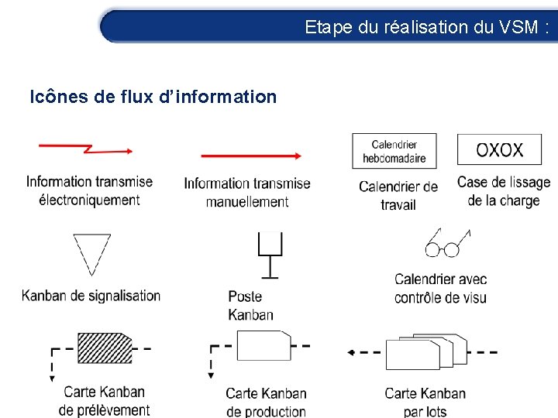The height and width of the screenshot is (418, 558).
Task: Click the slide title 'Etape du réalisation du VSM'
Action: click(427, 27)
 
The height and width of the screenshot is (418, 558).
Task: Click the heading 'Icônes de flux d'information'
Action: click(153, 97)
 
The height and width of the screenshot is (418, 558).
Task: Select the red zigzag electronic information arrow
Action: click(86, 147)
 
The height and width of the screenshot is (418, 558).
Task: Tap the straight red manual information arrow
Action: click(250, 156)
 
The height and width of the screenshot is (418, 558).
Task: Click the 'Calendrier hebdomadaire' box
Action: click(394, 152)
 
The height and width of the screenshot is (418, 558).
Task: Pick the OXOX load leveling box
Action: click(499, 150)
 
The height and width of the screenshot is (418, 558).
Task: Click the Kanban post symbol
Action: click(270, 255)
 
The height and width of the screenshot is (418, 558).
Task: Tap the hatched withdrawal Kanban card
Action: click(105, 348)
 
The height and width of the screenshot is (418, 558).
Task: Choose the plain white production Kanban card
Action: click(263, 345)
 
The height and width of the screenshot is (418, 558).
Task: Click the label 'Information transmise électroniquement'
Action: click(89, 191)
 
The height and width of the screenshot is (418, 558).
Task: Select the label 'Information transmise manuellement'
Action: click(247, 193)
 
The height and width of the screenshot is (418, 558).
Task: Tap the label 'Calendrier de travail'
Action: click(398, 196)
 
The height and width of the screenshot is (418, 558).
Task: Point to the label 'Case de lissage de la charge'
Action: click(504, 191)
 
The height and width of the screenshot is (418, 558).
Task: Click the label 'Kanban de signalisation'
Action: click(91, 296)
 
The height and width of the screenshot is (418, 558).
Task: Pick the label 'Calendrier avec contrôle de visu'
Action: click(440, 289)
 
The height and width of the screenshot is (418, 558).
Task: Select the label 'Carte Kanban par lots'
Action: click(425, 403)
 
